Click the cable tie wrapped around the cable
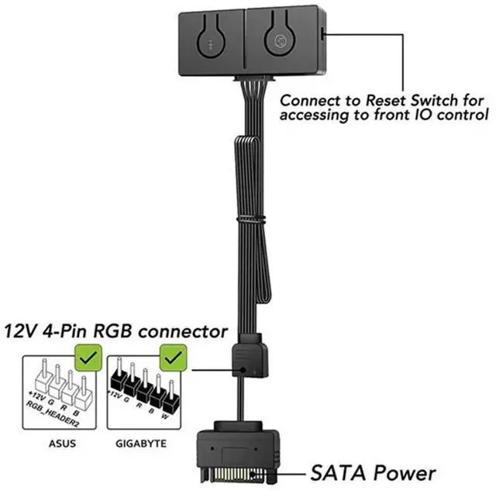coord(247,223)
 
